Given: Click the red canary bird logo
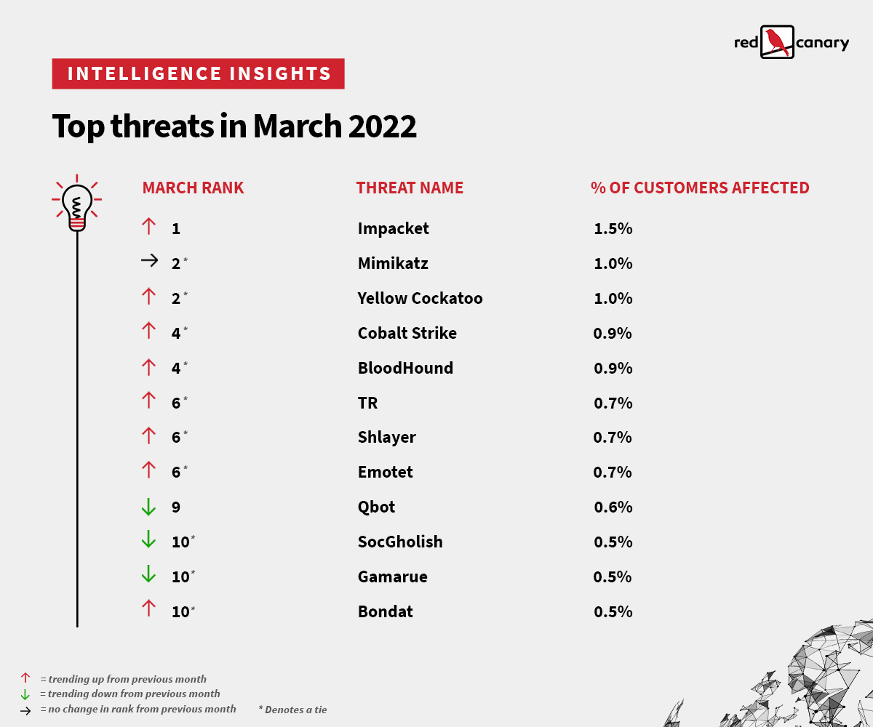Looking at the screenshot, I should [x=777, y=42].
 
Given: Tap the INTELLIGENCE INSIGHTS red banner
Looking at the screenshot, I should [x=198, y=73].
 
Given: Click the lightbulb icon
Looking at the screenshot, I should [x=76, y=204].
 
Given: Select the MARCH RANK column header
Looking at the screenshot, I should [x=193, y=188].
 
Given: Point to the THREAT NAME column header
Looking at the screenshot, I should [x=410, y=188].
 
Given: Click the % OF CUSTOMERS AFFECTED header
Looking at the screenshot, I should [x=700, y=188].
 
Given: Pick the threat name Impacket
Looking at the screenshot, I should [x=393, y=228].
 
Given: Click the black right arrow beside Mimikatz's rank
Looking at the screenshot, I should [x=149, y=262].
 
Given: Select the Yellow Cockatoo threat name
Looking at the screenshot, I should [x=420, y=298].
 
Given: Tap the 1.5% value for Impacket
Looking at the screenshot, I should [x=613, y=228].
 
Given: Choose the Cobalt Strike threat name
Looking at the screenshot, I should [x=407, y=333].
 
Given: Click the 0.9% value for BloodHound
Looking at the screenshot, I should [x=613, y=368].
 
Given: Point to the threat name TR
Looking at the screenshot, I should [x=367, y=403].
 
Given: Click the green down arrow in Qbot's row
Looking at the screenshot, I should [x=148, y=507].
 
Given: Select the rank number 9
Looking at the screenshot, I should [x=176, y=507].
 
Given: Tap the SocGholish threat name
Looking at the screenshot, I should [x=399, y=542].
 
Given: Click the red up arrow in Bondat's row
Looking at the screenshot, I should [x=148, y=610].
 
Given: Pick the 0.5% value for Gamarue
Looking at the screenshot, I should [x=613, y=577].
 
